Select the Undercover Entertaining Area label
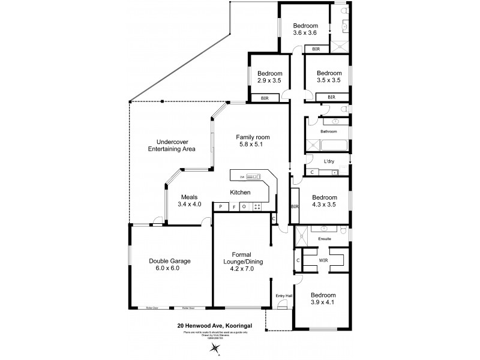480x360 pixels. pyautogui.click(x=172, y=145)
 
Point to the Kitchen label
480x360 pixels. pyautogui.click(x=240, y=193)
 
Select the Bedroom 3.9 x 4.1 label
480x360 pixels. pyautogui.click(x=323, y=299)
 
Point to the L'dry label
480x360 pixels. pyautogui.click(x=329, y=162)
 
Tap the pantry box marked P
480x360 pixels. pyautogui.click(x=221, y=207)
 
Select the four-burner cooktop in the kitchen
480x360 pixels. pyautogui.click(x=257, y=207)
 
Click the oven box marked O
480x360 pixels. pyautogui.click(x=244, y=207)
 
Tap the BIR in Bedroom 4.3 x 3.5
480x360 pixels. pyautogui.click(x=295, y=206)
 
